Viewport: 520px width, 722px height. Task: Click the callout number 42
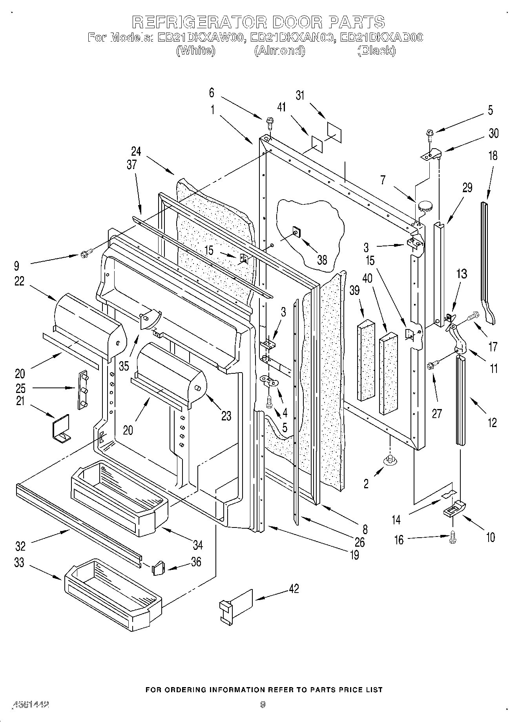pos(294,589)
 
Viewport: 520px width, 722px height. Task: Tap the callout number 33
pos(19,562)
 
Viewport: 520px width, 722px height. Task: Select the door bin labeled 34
pos(120,498)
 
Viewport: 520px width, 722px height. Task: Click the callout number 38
pos(322,260)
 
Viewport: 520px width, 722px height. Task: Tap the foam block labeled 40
pos(388,373)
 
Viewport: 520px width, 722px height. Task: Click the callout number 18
pos(493,155)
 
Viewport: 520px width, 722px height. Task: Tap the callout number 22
pos(19,281)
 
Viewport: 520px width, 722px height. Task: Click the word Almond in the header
pos(280,51)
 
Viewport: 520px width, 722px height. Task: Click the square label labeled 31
pos(334,133)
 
